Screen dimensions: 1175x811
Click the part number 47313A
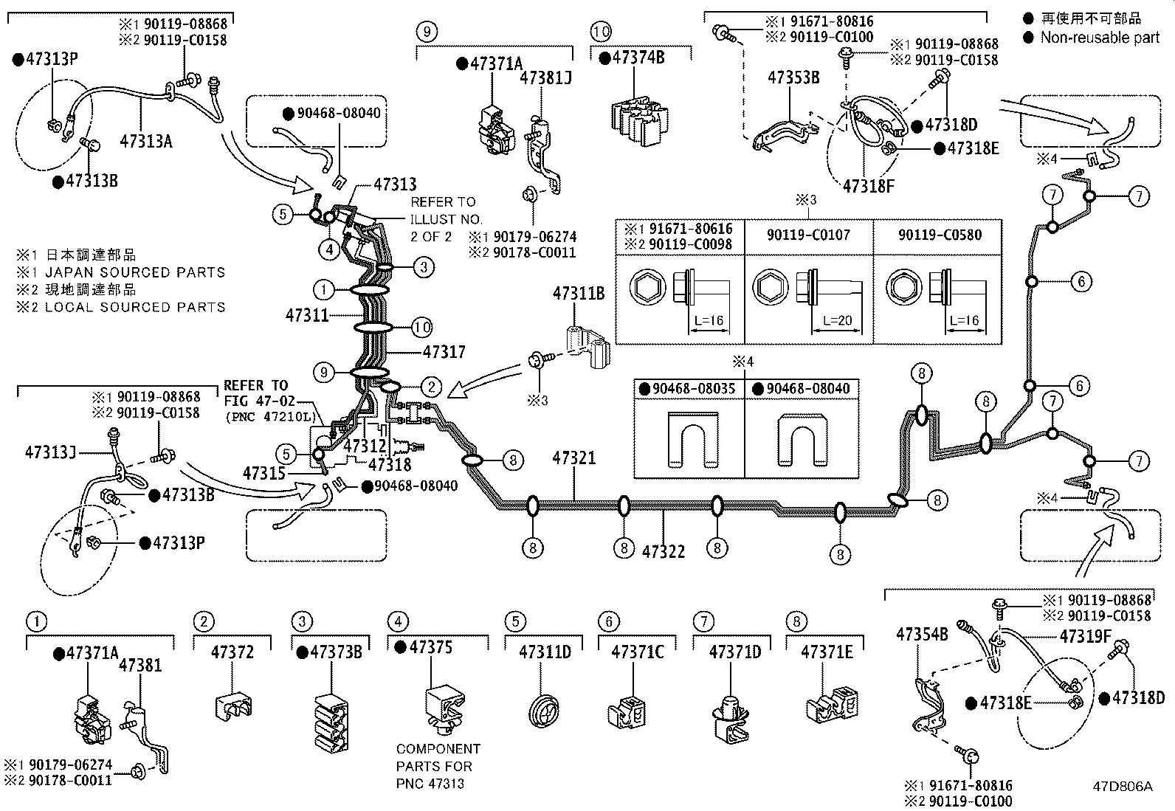146,141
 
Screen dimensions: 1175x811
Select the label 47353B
793,77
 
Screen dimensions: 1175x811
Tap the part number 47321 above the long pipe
574,458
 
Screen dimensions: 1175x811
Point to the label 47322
664,551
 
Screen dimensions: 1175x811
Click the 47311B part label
579,293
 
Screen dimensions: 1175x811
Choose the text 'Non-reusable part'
1100,38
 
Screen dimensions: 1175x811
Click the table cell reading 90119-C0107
808,235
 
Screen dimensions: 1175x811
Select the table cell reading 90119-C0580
940,235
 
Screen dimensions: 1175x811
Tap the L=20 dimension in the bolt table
837,320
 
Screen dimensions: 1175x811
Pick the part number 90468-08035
694,389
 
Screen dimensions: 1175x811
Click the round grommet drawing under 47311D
543,711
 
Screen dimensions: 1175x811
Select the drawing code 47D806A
1123,787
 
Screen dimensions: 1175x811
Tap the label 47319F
1085,636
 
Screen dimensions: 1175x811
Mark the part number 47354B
922,634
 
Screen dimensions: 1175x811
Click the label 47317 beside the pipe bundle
444,351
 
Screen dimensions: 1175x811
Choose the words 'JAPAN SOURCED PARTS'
135,272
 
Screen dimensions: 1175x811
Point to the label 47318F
868,186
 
